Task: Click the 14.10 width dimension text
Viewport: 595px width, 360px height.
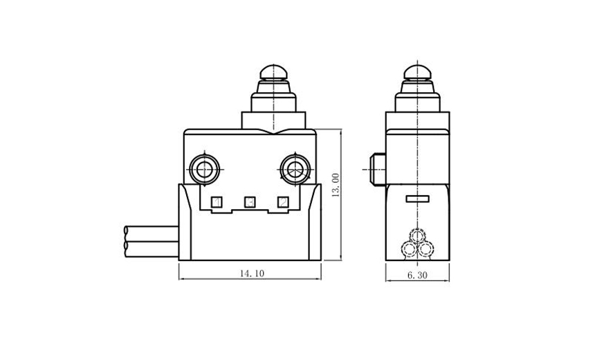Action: tap(251, 273)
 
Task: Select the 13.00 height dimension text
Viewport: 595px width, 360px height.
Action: tap(336, 186)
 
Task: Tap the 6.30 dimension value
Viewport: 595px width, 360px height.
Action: tap(417, 275)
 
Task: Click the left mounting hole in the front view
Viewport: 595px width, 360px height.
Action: tap(205, 168)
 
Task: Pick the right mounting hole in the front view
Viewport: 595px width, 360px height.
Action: tap(295, 168)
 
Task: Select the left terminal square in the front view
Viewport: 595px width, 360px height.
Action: tap(217, 202)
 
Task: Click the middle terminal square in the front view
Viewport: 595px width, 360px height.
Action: tap(250, 202)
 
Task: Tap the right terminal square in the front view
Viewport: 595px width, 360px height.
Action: tap(282, 202)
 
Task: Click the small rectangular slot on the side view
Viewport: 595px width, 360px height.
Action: tap(417, 199)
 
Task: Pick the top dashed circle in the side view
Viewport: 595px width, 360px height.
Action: tap(417, 235)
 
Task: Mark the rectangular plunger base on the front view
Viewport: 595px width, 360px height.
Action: tap(273, 120)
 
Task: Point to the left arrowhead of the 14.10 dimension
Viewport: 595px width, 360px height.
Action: tap(182, 280)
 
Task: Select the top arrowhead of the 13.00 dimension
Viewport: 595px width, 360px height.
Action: tap(342, 132)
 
